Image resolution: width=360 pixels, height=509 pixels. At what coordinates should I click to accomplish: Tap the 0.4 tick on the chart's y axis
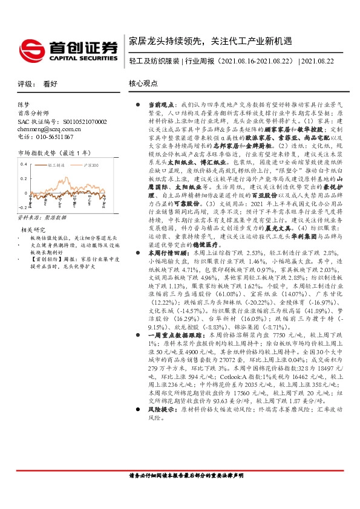coord(24,164)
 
